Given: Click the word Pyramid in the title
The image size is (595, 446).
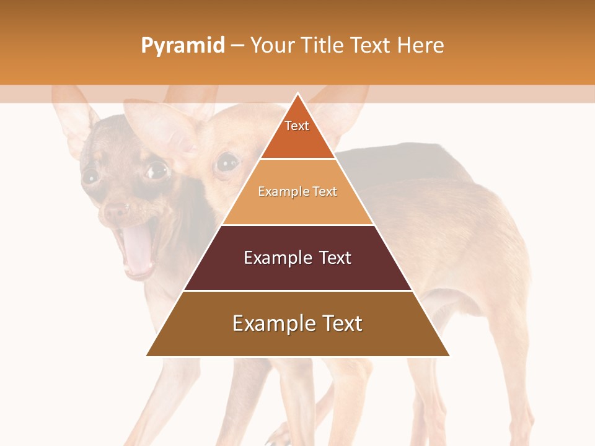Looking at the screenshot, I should (183, 46).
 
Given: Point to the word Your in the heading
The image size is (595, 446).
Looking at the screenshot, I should (271, 45).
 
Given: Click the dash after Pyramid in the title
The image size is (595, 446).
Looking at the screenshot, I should (237, 46).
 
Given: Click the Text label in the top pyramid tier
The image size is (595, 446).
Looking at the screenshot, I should (297, 126).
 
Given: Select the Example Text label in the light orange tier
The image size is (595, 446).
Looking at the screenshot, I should (297, 191).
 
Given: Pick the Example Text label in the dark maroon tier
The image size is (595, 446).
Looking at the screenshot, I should (297, 258).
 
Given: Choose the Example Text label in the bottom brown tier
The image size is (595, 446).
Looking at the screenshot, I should (297, 323).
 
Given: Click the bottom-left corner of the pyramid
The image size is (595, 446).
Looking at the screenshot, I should (147, 356).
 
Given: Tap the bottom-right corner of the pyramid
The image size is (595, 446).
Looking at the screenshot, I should (449, 356).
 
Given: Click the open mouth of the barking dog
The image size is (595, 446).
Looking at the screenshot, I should (138, 248).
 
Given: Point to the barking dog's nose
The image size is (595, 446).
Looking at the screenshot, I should (115, 211).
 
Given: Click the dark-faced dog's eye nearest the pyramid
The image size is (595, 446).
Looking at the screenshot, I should (157, 169).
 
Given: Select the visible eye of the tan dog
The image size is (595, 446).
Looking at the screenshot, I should (227, 162).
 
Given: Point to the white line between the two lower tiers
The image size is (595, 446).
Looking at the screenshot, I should (297, 291).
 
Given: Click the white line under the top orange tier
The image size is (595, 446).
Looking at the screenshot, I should (297, 159).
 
